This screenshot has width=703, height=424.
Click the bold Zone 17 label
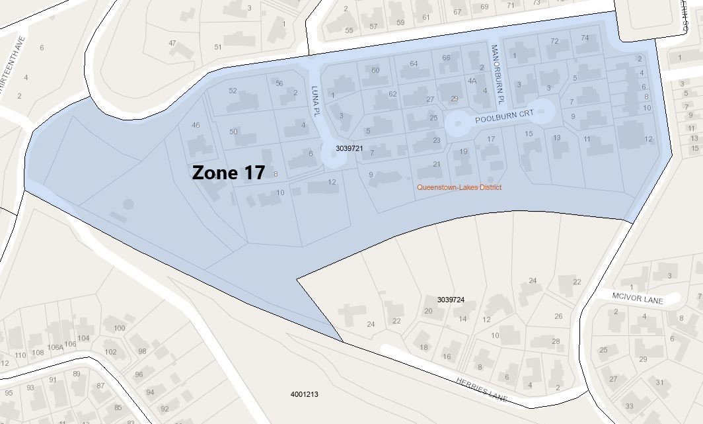pyautogui.click(x=228, y=173)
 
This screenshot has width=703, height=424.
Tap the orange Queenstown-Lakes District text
pyautogui.click(x=459, y=188)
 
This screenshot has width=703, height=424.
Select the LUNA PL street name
pyautogui.click(x=316, y=101)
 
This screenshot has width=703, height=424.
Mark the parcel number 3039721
pyautogui.click(x=350, y=148)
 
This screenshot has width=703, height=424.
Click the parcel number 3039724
pyautogui.click(x=451, y=300)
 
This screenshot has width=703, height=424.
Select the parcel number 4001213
pyautogui.click(x=304, y=395)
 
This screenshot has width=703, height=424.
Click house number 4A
pyautogui.click(x=472, y=81)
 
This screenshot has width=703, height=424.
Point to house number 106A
pyautogui.click(x=55, y=347)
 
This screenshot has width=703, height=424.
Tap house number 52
pyautogui.click(x=233, y=91)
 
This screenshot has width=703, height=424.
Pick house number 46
pyautogui.click(x=196, y=126)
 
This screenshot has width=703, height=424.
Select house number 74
pyautogui.click(x=584, y=38)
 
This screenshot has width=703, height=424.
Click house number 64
pyautogui.click(x=414, y=64)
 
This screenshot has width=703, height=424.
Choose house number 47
pyautogui.click(x=172, y=43)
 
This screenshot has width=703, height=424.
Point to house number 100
pyautogui.click(x=119, y=328)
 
